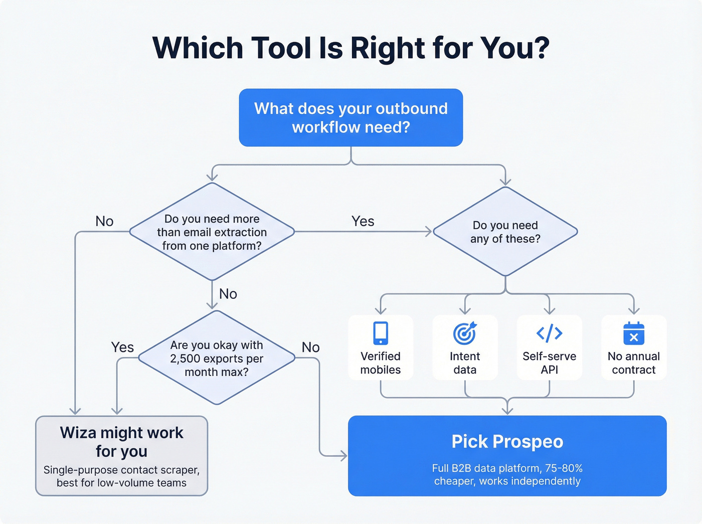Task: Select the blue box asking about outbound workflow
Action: (x=350, y=118)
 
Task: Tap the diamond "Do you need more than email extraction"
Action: (x=212, y=232)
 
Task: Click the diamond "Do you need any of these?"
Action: (x=505, y=232)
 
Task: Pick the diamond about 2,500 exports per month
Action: (x=217, y=358)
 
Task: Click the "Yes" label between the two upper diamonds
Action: (x=363, y=221)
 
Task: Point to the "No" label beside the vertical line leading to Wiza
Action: (x=104, y=221)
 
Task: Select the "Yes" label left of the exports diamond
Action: (x=122, y=347)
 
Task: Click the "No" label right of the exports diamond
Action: (x=310, y=347)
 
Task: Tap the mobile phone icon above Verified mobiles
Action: (x=381, y=333)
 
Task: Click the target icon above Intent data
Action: (x=465, y=333)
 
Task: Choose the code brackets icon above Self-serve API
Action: (x=549, y=333)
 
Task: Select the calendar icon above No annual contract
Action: (x=633, y=333)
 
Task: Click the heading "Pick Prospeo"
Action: (x=507, y=441)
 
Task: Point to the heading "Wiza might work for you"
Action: (x=121, y=442)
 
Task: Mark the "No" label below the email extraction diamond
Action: (x=228, y=294)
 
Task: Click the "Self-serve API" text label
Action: (x=549, y=363)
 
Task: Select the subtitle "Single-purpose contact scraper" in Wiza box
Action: (x=121, y=470)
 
